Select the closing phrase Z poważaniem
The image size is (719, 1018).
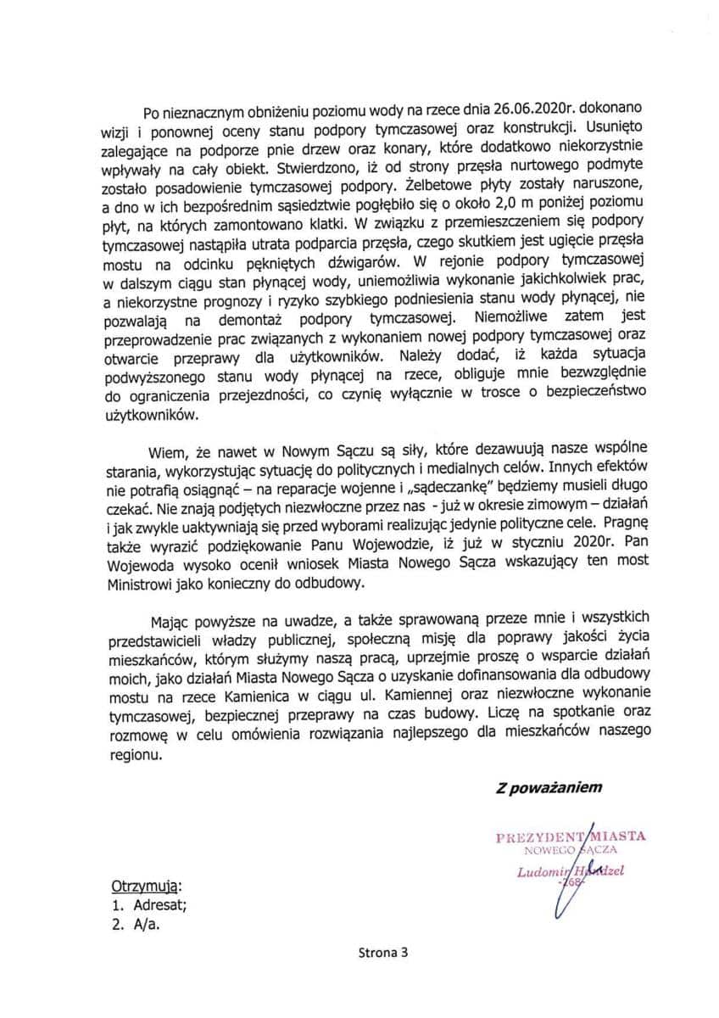pyautogui.click(x=549, y=786)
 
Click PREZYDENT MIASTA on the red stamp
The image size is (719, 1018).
pyautogui.click(x=571, y=836)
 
